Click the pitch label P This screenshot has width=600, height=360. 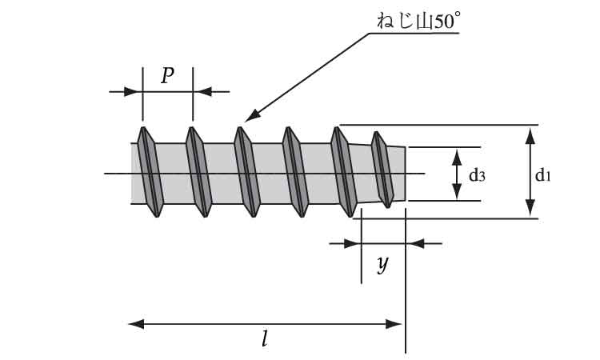coord(167,76)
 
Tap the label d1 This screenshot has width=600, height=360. coord(543,174)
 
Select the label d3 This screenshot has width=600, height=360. coord(477,174)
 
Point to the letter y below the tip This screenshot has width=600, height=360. coord(383,264)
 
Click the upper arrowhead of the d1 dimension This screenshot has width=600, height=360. coord(529,134)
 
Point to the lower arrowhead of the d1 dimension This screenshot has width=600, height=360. coord(529,210)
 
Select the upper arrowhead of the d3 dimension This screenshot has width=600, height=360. coord(456,154)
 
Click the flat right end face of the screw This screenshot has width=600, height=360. coord(406,174)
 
